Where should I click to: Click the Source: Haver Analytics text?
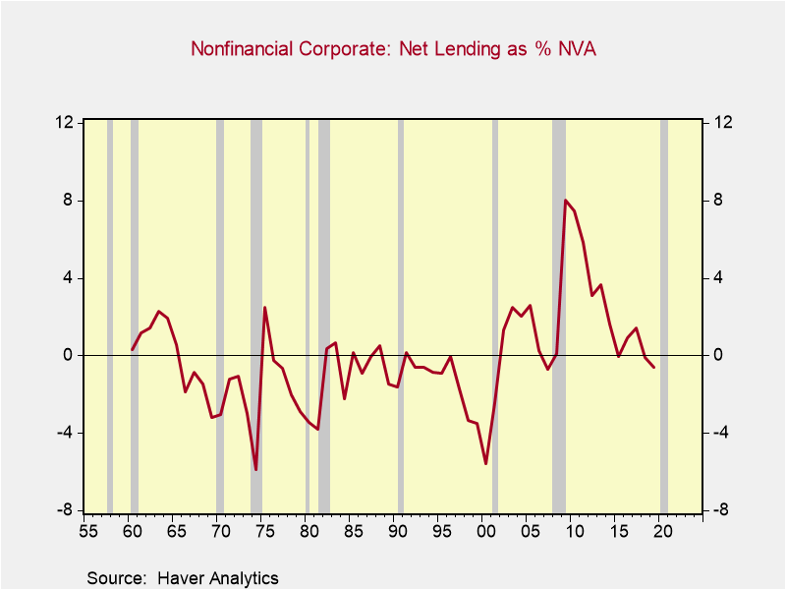point(183,578)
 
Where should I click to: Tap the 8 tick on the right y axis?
point(718,200)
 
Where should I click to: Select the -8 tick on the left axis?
point(64,510)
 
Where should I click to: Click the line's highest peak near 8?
point(565,201)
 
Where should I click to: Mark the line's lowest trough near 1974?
point(255,469)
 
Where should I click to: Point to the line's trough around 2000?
point(485,463)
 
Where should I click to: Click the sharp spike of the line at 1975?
point(264,308)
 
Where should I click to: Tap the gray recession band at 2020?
point(664,315)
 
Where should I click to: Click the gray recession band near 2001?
point(495,315)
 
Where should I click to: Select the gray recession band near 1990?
point(400,315)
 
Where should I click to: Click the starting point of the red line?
point(133,349)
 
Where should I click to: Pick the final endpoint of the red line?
point(654,367)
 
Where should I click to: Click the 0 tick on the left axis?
point(68,355)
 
